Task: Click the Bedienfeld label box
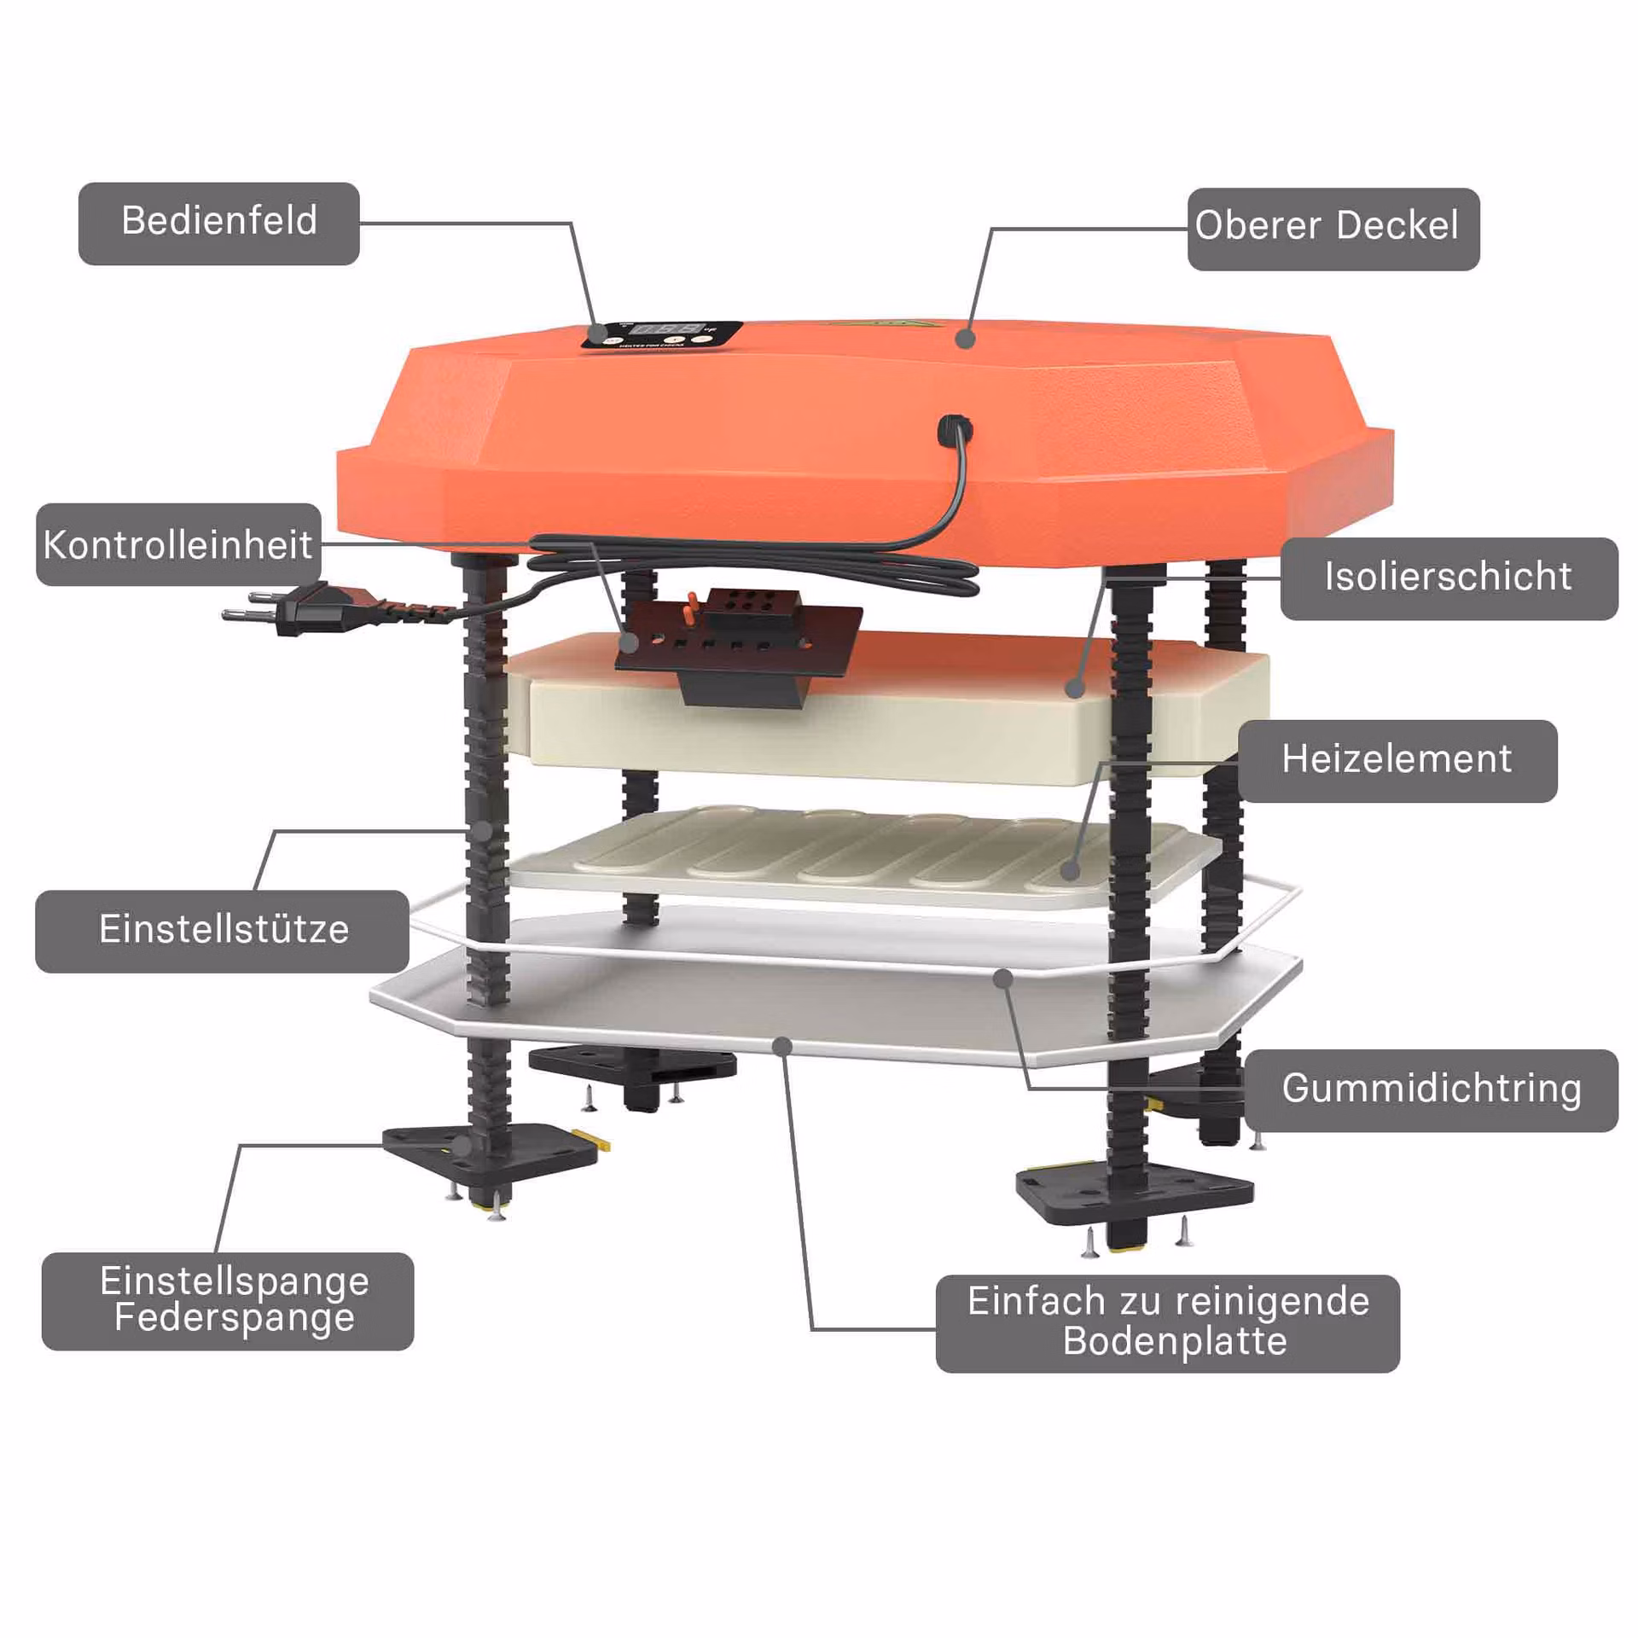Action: (218, 224)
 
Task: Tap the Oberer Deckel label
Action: (1333, 229)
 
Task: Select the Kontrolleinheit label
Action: (178, 544)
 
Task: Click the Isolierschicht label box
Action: (1449, 578)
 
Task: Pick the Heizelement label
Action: (1397, 761)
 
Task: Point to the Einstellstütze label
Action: (222, 932)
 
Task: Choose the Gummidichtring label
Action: (1432, 1091)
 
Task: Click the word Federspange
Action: (235, 1317)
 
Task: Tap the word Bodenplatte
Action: (1175, 1341)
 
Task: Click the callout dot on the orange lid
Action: (965, 339)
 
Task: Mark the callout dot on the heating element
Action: (1071, 871)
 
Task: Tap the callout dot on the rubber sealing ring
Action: (1004, 979)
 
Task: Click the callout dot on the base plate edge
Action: (782, 1046)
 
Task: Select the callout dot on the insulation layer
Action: (1076, 687)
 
